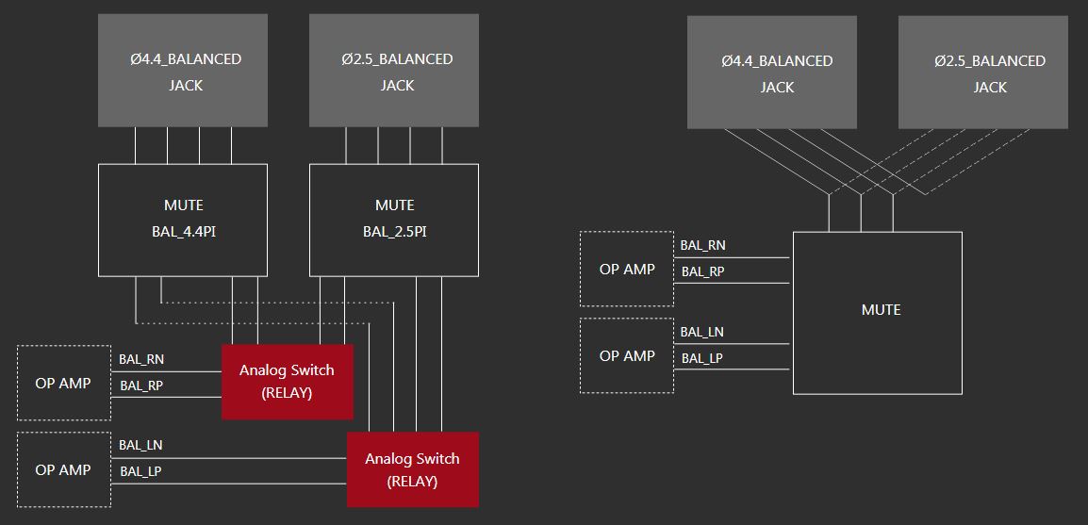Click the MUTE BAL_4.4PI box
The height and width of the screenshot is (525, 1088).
(183, 220)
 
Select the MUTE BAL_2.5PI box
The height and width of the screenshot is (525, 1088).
(394, 220)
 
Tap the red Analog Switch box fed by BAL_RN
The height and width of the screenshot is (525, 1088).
(288, 381)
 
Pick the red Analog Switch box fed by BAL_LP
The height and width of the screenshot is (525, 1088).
(413, 469)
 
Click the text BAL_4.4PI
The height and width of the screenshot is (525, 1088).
(183, 231)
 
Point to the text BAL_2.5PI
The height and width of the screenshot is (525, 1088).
(394, 231)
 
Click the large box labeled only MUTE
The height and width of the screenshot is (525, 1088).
(877, 312)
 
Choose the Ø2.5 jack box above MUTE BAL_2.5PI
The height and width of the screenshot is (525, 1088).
(394, 71)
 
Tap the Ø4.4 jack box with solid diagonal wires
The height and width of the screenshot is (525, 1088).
(772, 73)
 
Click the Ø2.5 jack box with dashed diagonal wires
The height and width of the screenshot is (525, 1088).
(983, 73)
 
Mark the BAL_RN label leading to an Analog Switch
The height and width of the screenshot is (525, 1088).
(141, 359)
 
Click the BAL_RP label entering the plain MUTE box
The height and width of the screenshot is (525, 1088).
(702, 271)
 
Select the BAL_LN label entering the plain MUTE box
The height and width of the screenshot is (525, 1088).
(702, 332)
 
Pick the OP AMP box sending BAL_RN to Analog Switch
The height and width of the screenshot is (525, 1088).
(63, 383)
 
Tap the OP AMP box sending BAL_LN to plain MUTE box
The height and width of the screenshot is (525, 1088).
(627, 355)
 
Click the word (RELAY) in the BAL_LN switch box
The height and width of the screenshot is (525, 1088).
(413, 482)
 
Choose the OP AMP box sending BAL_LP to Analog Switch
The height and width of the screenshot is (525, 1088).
(63, 469)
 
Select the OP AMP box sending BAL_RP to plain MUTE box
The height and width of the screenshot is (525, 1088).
(627, 269)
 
